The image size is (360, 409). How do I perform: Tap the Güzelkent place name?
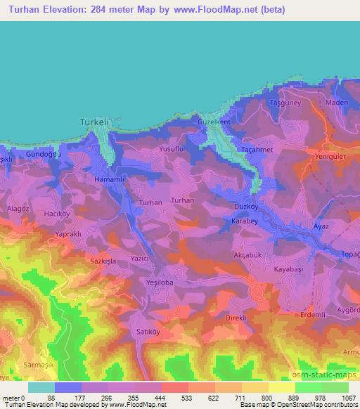(214, 122)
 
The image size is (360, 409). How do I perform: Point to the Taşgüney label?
(285, 103)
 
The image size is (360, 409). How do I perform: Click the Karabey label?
(246, 221)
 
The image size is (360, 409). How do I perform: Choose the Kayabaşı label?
(287, 269)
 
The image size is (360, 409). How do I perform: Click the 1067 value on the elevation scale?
(349, 398)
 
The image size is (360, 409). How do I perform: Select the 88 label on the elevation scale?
(51, 398)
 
